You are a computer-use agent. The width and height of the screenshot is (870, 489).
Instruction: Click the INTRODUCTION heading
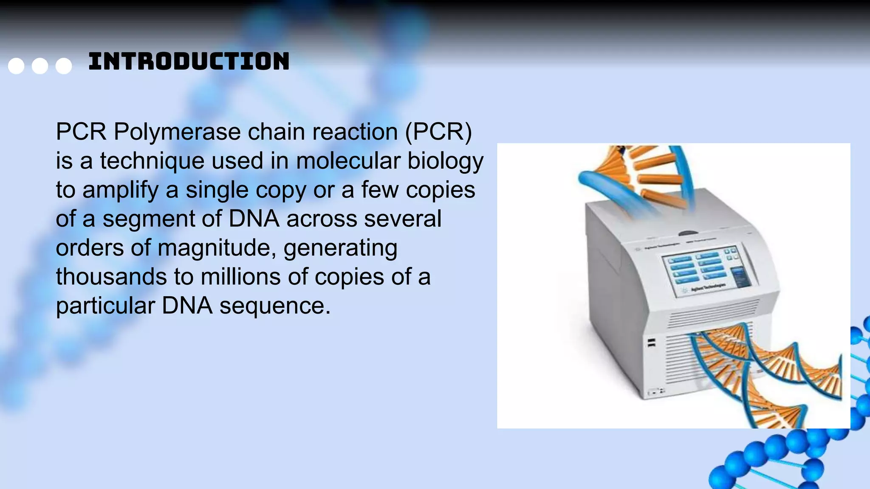(189, 62)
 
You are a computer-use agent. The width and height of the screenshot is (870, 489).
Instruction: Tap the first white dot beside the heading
(16, 66)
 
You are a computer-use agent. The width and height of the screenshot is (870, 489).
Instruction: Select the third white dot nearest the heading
(64, 66)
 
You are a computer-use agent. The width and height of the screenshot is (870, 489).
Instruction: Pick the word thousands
(111, 277)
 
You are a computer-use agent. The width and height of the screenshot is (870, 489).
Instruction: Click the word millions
(240, 277)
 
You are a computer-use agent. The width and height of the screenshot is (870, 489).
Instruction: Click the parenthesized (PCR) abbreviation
(438, 132)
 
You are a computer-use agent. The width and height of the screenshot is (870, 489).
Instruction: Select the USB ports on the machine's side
(651, 343)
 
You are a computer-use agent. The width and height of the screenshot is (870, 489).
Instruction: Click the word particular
(105, 306)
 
